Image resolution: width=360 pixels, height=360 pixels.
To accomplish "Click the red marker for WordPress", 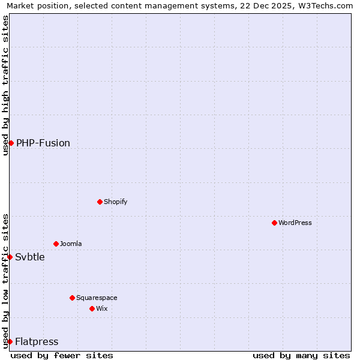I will pyautogui.click(x=274, y=223).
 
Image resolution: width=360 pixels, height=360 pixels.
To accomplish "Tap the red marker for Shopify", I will pyautogui.click(x=100, y=202).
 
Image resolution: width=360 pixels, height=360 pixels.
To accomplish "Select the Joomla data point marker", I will pyautogui.click(x=56, y=244).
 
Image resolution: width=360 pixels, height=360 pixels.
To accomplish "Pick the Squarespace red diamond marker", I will pyautogui.click(x=72, y=298).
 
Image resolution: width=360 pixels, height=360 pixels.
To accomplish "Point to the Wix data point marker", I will pyautogui.click(x=92, y=308).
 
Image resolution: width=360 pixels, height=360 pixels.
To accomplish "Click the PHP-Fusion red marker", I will pyautogui.click(x=11, y=143).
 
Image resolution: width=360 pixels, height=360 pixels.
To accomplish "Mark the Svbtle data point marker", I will pyautogui.click(x=10, y=257).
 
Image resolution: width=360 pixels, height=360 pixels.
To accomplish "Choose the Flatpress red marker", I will pyautogui.click(x=10, y=341).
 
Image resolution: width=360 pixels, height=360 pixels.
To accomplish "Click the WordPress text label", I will pyautogui.click(x=295, y=223).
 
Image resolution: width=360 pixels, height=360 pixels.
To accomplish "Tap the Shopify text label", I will pyautogui.click(x=116, y=202).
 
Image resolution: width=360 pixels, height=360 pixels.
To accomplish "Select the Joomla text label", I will pyautogui.click(x=71, y=244).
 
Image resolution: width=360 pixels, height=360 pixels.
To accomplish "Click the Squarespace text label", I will pyautogui.click(x=97, y=298).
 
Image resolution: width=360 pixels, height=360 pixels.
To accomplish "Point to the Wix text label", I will pyautogui.click(x=101, y=308).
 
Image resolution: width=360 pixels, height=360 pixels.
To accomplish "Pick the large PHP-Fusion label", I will pyautogui.click(x=43, y=143).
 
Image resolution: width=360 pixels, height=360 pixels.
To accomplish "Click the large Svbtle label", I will pyautogui.click(x=30, y=257).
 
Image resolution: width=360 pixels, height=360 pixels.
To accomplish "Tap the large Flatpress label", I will pyautogui.click(x=37, y=341).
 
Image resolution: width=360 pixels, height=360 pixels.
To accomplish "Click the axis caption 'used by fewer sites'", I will pyautogui.click(x=62, y=355).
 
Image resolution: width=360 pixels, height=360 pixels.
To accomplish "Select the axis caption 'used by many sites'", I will pyautogui.click(x=301, y=355).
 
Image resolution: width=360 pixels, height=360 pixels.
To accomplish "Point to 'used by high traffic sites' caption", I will pyautogui.click(x=6, y=85).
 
